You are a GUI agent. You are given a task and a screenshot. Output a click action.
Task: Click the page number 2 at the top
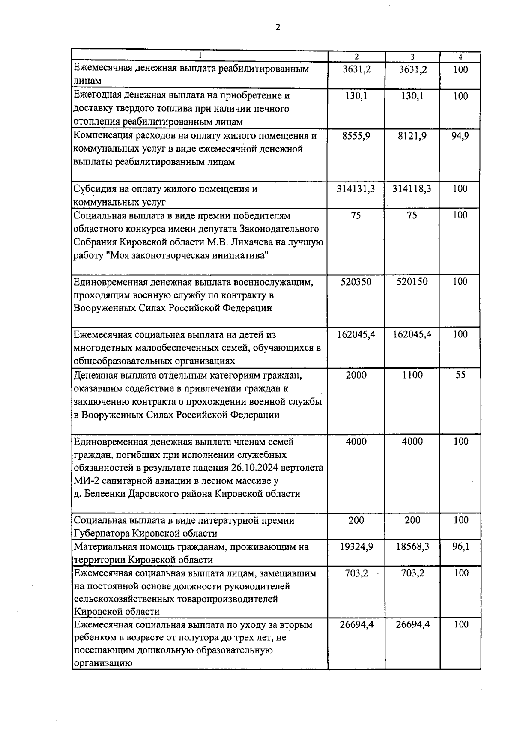tap(278, 27)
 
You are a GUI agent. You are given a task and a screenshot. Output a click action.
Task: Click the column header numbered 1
tap(200, 56)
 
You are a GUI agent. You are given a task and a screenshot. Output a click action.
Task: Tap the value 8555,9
tap(356, 136)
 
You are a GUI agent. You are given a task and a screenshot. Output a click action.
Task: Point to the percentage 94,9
tap(460, 136)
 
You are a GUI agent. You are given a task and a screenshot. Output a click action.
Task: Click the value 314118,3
tap(412, 189)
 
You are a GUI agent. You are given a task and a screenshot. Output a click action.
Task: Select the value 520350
tap(356, 282)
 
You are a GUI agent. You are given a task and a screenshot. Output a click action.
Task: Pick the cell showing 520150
tap(412, 282)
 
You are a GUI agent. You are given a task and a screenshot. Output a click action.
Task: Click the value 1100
tap(412, 375)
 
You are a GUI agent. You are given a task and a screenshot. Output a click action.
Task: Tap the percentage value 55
tap(460, 375)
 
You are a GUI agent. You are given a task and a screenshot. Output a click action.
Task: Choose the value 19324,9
tap(356, 547)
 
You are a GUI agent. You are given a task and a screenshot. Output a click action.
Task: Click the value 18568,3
tap(412, 547)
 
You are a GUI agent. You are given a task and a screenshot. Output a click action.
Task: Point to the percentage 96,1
tap(460, 547)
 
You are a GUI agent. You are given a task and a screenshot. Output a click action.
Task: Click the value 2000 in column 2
tap(356, 375)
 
